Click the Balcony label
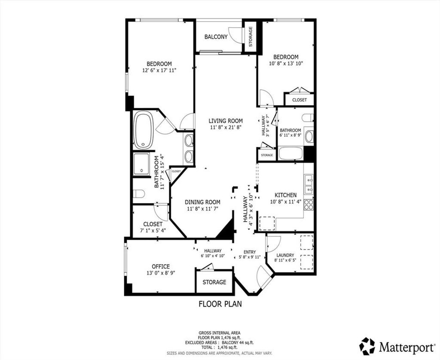[x=216, y=37]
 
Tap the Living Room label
[x=226, y=121]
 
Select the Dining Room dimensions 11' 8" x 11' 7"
[x=203, y=208]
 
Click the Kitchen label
[x=285, y=195]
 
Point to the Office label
[x=161, y=266]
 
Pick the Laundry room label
[x=285, y=255]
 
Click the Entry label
[x=250, y=252]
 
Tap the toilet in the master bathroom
[x=139, y=194]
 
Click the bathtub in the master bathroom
[x=144, y=130]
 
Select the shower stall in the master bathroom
[x=141, y=164]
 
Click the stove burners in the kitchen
[x=309, y=204]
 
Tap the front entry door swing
[x=263, y=276]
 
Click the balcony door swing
[x=235, y=35]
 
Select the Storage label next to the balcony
[x=251, y=37]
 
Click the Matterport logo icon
[x=368, y=346]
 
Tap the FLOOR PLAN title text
[x=220, y=304]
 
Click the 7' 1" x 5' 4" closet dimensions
[x=153, y=230]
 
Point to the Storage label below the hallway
[x=214, y=282]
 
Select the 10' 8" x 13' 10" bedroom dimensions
[x=286, y=63]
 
